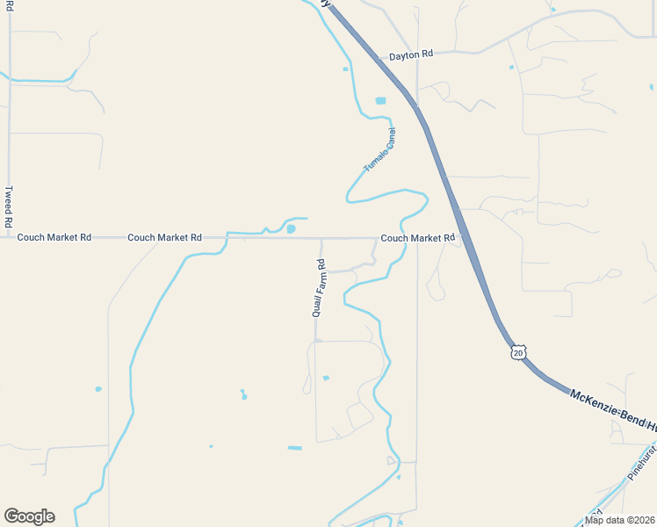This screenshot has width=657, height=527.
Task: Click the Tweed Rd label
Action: pyautogui.click(x=9, y=207)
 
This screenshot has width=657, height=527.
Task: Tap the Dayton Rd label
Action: pyautogui.click(x=411, y=54)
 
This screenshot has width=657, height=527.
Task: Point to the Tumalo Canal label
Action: pyautogui.click(x=380, y=150)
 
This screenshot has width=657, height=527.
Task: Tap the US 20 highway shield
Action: pyautogui.click(x=518, y=352)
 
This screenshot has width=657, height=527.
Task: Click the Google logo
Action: pyautogui.click(x=29, y=516)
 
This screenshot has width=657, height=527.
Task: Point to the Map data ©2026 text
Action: pyautogui.click(x=620, y=520)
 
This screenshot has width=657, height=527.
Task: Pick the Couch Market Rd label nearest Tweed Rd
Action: pyautogui.click(x=54, y=237)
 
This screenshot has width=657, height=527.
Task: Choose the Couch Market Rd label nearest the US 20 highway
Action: pyautogui.click(x=417, y=238)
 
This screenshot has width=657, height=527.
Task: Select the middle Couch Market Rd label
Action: pyautogui.click(x=164, y=237)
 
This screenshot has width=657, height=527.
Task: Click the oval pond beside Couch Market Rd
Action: pyautogui.click(x=291, y=229)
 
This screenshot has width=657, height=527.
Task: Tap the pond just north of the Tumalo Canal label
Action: pyautogui.click(x=380, y=101)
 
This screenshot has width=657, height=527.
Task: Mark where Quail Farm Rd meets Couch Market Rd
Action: pyautogui.click(x=321, y=238)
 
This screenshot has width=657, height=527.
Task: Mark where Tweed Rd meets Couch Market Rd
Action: pyautogui.click(x=10, y=237)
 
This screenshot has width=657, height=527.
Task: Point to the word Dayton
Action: pyautogui.click(x=404, y=54)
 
